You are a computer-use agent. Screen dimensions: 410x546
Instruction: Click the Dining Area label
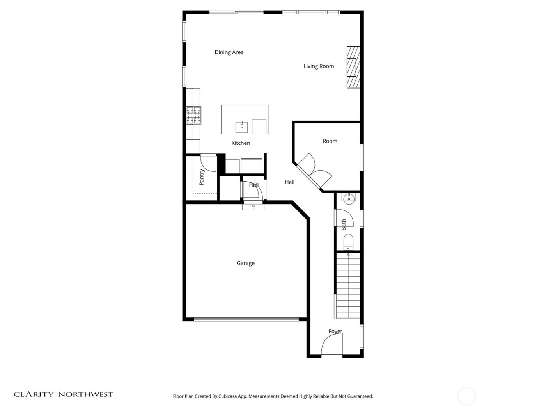[229, 52]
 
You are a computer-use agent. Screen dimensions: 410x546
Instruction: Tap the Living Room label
[319, 66]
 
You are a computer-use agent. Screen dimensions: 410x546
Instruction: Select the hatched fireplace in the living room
[353, 67]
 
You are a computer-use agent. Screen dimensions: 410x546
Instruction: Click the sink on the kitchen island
[241, 127]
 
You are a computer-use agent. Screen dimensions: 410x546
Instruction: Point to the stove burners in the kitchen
[194, 115]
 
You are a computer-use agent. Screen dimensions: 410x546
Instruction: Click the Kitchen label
[241, 143]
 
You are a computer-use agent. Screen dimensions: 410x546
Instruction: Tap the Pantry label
[202, 177]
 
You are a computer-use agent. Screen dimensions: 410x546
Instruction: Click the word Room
[330, 141]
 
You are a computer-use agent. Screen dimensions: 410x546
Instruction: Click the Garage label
[245, 263]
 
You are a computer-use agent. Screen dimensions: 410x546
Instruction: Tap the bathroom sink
[348, 198]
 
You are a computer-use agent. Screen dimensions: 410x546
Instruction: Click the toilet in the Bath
[348, 242]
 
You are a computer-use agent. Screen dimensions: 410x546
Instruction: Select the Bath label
[344, 225]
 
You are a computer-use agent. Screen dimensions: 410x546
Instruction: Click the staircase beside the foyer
[348, 286]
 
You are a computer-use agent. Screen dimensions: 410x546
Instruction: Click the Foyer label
[335, 331]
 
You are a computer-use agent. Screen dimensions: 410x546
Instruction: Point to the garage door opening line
[246, 319]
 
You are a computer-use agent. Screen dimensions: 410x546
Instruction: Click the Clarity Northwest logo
[63, 394]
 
